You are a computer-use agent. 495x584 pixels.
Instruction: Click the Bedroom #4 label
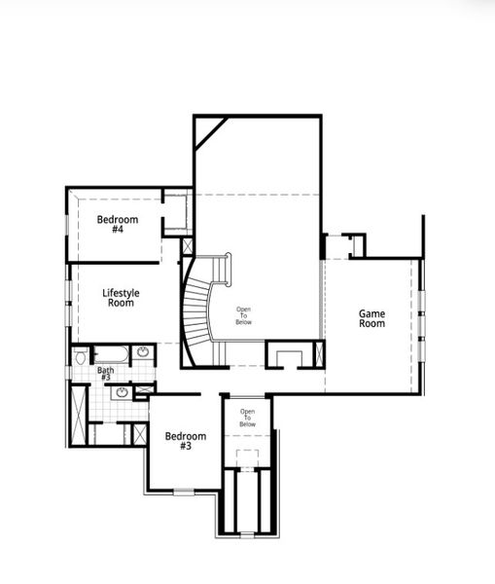coord(117,225)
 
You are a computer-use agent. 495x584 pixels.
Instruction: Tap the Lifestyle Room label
coord(121,298)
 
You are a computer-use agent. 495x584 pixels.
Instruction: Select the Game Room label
coord(371,318)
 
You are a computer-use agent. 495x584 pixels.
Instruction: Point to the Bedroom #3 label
coord(185,441)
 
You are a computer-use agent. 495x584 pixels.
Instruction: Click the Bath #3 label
coord(105,374)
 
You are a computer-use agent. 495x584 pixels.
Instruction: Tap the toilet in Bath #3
coord(80,358)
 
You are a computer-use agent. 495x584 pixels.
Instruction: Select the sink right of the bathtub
coord(142,352)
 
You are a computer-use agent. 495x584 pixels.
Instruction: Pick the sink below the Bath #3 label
coord(121,393)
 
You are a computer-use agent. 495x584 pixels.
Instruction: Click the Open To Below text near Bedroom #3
coord(248,419)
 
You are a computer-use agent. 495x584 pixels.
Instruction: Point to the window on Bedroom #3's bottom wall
coord(183,493)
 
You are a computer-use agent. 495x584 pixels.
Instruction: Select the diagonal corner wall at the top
coord(209,131)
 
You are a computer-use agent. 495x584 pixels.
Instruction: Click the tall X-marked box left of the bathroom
coord(78,414)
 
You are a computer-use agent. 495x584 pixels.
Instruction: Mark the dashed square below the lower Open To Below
coord(248,457)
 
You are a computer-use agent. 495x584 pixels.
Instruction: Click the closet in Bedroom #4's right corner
coord(176,213)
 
